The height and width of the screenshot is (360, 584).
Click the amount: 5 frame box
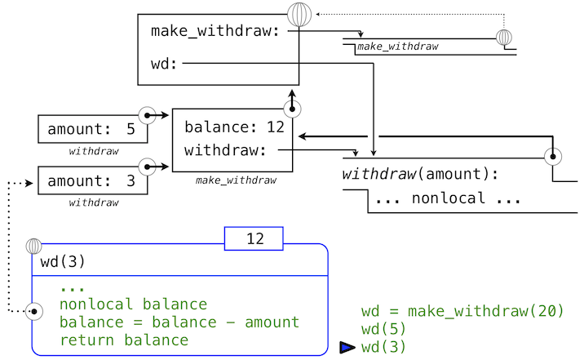tap(91, 130)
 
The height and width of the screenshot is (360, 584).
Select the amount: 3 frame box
tap(91, 180)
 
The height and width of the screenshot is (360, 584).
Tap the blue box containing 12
tap(254, 239)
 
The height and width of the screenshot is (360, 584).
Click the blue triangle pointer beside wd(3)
tap(347, 348)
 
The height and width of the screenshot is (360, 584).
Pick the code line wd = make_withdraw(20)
tap(462, 311)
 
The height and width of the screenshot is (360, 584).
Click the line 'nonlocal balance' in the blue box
tap(133, 305)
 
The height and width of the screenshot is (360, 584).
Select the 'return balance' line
tap(124, 340)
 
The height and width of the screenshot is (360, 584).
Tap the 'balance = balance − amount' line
tap(179, 322)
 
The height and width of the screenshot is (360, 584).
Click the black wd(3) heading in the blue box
tap(63, 263)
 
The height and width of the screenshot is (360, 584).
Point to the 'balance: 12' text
tap(233, 127)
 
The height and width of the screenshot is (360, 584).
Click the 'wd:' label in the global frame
tap(165, 64)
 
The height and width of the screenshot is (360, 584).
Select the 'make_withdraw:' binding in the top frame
tap(215, 31)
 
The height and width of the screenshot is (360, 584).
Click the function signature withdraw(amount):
tap(419, 174)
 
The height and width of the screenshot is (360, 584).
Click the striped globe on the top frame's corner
tap(299, 15)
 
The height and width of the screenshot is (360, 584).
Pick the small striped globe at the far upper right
tap(505, 38)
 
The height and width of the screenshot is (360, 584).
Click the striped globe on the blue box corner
tap(33, 245)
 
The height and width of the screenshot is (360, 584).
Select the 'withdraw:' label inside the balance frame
tap(225, 150)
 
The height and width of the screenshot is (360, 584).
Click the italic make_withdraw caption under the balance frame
tap(236, 180)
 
